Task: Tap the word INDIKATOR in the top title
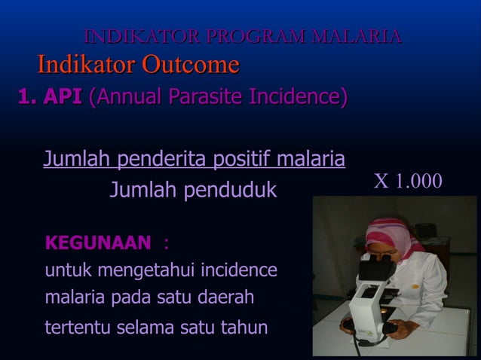(143, 36)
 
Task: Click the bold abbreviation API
(63, 97)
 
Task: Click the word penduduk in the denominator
(234, 191)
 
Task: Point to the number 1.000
(419, 182)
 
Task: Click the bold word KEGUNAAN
(98, 243)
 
